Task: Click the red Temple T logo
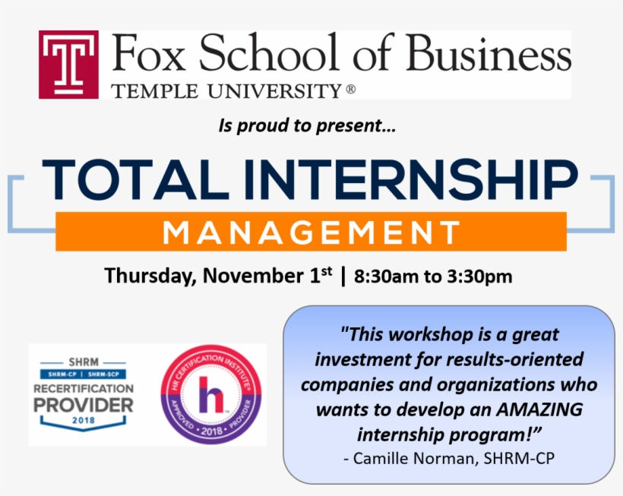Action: click(68, 65)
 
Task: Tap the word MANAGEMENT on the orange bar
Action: click(311, 232)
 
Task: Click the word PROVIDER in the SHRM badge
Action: click(84, 405)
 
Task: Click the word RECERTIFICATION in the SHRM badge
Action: click(84, 389)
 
